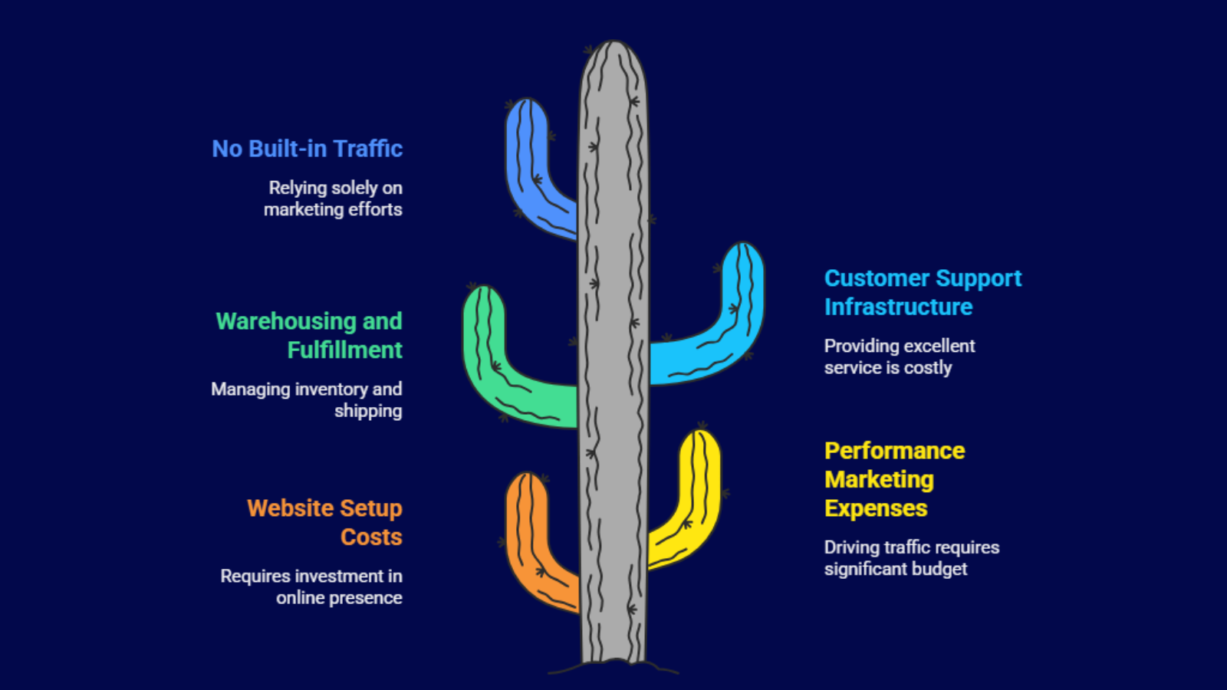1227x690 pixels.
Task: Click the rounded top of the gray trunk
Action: pyautogui.click(x=613, y=58)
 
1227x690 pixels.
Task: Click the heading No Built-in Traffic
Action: pyautogui.click(x=307, y=149)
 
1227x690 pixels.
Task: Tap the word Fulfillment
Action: pyautogui.click(x=344, y=350)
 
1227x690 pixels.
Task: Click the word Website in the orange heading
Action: pyautogui.click(x=291, y=508)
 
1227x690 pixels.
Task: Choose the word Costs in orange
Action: pyautogui.click(x=371, y=537)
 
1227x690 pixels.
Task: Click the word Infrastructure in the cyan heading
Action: pyautogui.click(x=898, y=307)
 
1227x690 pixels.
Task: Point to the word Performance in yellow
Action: pyautogui.click(x=894, y=451)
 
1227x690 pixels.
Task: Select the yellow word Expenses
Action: pyautogui.click(x=876, y=509)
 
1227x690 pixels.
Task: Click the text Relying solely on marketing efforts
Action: pyautogui.click(x=334, y=199)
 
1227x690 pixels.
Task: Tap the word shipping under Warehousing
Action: pyautogui.click(x=368, y=412)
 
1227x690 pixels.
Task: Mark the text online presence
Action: pyautogui.click(x=339, y=598)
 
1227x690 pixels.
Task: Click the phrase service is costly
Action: pyautogui.click(x=887, y=368)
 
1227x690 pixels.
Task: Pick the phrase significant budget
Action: pyautogui.click(x=895, y=570)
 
